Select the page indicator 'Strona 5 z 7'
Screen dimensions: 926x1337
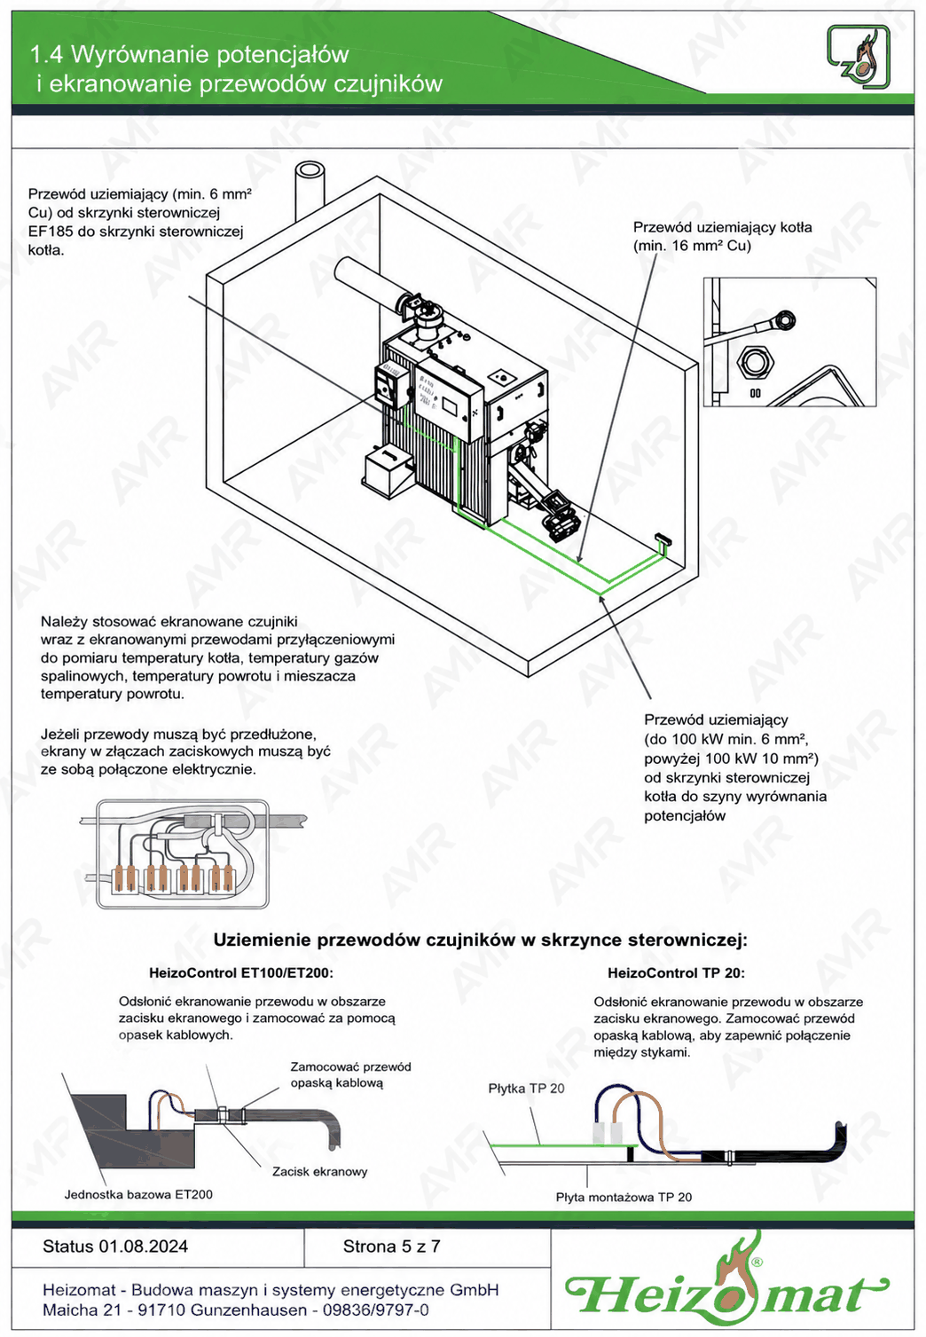pyautogui.click(x=391, y=1247)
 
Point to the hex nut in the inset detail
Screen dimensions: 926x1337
pyautogui.click(x=755, y=362)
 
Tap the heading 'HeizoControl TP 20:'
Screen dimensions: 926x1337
pyautogui.click(x=676, y=973)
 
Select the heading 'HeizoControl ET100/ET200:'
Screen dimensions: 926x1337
pyautogui.click(x=241, y=973)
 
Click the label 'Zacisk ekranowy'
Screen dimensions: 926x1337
pyautogui.click(x=320, y=1172)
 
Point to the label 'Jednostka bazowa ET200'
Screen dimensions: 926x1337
pyautogui.click(x=138, y=1194)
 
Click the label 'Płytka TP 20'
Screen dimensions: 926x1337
pyautogui.click(x=526, y=1089)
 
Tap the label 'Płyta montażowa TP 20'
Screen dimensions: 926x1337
pyautogui.click(x=624, y=1197)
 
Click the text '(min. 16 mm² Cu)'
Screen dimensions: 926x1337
pyautogui.click(x=692, y=246)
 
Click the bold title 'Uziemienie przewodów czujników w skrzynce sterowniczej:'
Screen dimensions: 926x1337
pyautogui.click(x=481, y=940)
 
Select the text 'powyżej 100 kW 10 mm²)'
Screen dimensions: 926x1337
pyautogui.click(x=732, y=758)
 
